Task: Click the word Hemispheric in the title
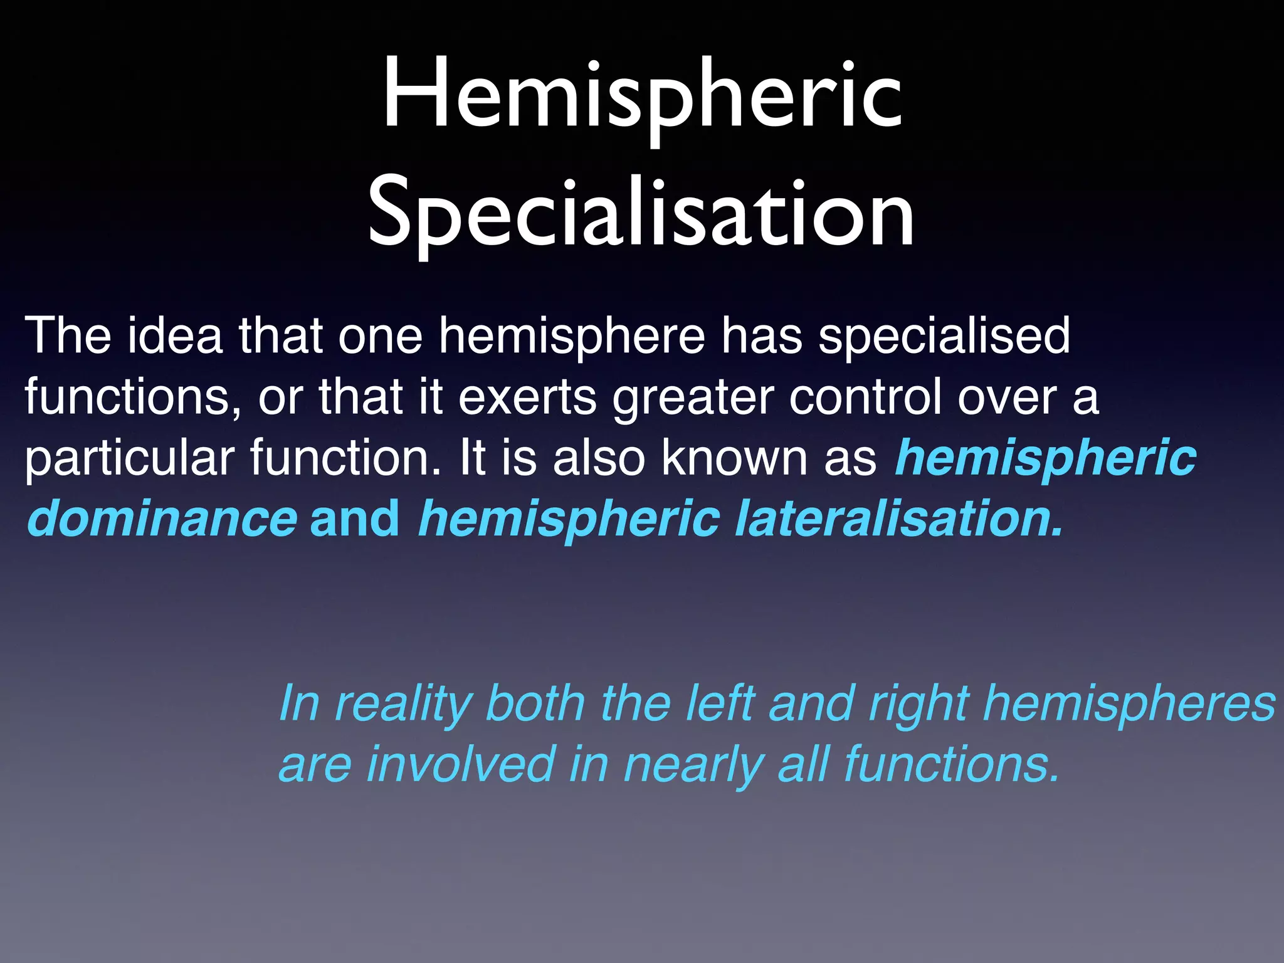(x=642, y=94)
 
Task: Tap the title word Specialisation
(x=641, y=213)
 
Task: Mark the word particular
(x=129, y=459)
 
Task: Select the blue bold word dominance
(x=162, y=518)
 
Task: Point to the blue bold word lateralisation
(x=898, y=518)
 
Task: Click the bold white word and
(x=354, y=518)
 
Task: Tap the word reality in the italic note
(x=404, y=704)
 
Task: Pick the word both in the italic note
(x=535, y=703)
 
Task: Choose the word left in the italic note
(x=720, y=703)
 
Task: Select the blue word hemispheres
(x=1129, y=704)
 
